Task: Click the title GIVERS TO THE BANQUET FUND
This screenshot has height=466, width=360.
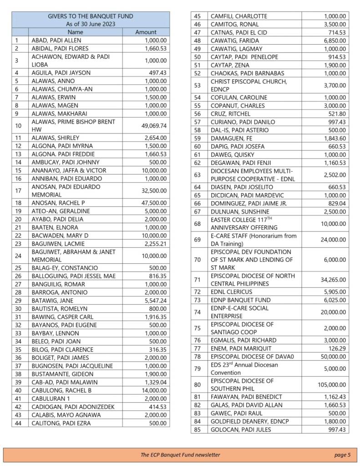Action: tap(91, 16)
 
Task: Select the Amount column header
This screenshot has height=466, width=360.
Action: tap(146, 32)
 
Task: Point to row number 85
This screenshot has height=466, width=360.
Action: tap(198, 430)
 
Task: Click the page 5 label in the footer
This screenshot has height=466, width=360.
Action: tap(342, 455)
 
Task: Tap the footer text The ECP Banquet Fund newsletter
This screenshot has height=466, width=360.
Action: tap(180, 455)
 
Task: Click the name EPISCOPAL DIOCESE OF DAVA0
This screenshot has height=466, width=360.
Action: tap(253, 356)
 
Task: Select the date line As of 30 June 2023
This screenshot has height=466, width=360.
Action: tap(91, 24)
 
